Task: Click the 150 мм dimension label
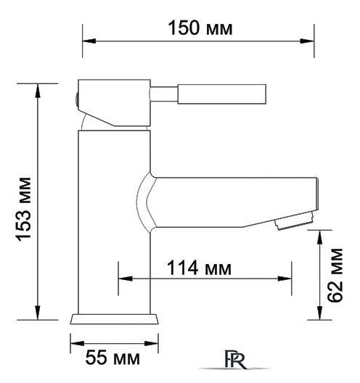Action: click(x=200, y=28)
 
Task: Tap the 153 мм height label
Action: click(x=24, y=210)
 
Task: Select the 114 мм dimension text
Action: click(x=199, y=268)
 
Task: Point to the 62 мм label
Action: click(x=335, y=276)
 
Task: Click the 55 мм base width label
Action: click(x=112, y=358)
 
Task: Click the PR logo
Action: click(x=234, y=359)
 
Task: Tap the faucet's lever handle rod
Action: click(x=208, y=94)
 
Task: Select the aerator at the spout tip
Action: click(x=294, y=221)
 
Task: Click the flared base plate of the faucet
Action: click(x=115, y=319)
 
